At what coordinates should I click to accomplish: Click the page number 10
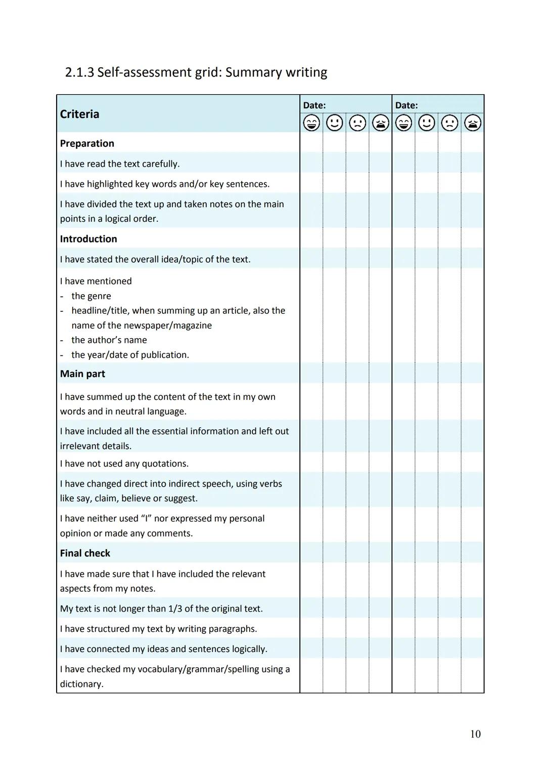[475, 734]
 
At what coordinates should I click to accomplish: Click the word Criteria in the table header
[79, 114]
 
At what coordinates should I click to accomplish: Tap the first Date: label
[314, 105]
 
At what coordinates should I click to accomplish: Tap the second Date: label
[406, 105]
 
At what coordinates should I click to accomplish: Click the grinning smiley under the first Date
[311, 123]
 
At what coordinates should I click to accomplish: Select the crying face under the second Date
[472, 123]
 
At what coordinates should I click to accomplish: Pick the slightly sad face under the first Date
[357, 123]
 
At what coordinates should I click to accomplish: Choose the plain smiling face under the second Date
[427, 123]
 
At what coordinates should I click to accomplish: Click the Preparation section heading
[87, 143]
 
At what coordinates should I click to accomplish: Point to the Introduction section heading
[88, 239]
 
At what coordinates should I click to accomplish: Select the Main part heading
[82, 374]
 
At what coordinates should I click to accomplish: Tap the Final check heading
[85, 553]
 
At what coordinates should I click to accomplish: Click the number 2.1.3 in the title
[79, 72]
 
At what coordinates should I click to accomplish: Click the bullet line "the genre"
[91, 296]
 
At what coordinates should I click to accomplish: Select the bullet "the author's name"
[109, 340]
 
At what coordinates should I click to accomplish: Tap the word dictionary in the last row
[81, 684]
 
